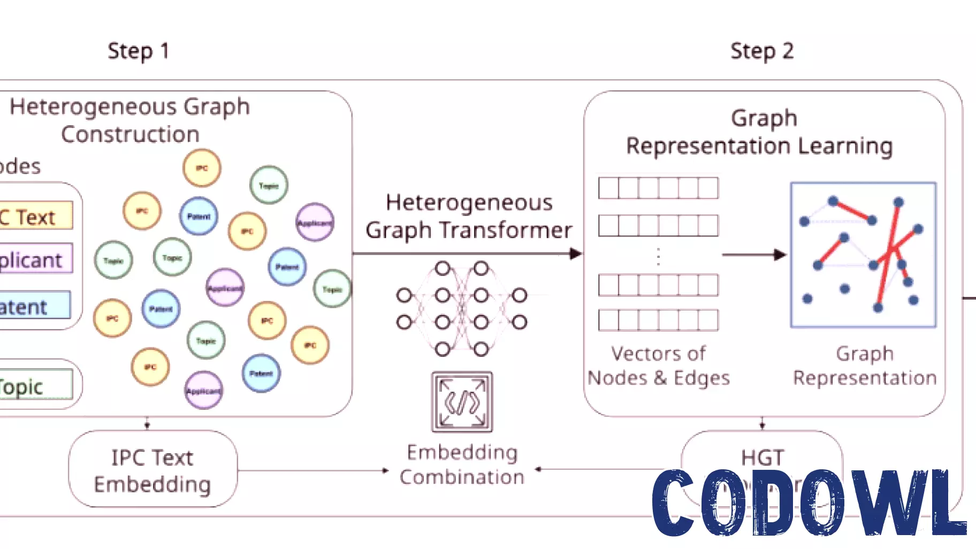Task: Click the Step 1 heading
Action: coord(138,51)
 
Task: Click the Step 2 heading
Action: coord(761,51)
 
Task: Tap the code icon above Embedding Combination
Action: coord(462,402)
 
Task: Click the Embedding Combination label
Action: coord(462,464)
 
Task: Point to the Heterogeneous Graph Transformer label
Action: coord(469,216)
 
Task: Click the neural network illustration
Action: coord(461,309)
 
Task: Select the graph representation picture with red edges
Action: coord(863,255)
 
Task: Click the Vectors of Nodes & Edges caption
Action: coord(658,365)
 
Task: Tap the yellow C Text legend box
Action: coord(35,216)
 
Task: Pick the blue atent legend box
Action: coord(34,306)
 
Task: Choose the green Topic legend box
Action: coord(35,385)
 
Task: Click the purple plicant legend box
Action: coord(35,259)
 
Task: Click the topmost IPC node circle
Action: coord(202,168)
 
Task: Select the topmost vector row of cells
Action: coord(658,188)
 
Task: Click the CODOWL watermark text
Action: coord(808,503)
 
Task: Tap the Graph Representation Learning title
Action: coord(760,132)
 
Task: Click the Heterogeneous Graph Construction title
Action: coord(130,120)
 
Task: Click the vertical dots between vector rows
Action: coord(658,257)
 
